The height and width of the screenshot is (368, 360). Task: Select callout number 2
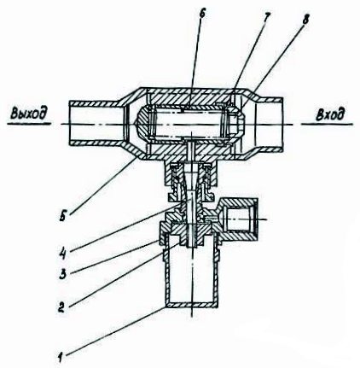tap(61, 307)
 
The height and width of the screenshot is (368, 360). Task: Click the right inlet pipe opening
tap(270, 125)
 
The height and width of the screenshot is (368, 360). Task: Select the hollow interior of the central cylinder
tap(189, 124)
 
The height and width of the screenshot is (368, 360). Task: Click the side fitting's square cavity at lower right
tap(239, 219)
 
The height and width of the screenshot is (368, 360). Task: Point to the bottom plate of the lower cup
tap(192, 305)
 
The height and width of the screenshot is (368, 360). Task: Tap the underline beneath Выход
tap(29, 124)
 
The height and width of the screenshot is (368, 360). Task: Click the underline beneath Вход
tap(327, 125)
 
